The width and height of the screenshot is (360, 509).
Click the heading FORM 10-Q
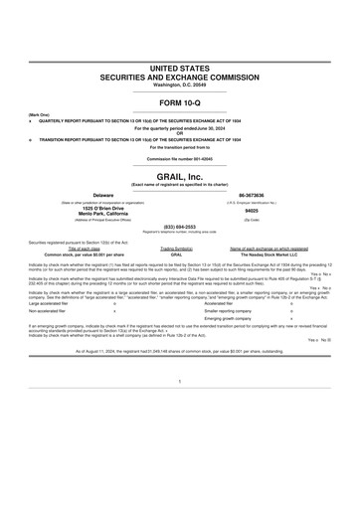pos(180,103)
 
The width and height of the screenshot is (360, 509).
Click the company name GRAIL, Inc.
pos(180,176)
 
